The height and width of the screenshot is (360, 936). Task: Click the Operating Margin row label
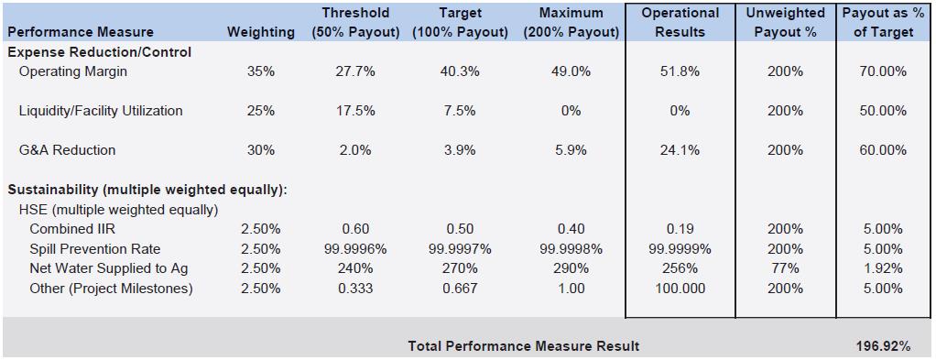(x=73, y=71)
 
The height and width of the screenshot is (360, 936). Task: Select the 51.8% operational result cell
(x=680, y=71)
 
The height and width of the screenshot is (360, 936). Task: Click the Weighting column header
(x=261, y=32)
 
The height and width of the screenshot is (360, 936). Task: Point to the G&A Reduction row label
(x=68, y=150)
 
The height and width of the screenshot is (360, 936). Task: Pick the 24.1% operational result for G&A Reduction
(x=680, y=150)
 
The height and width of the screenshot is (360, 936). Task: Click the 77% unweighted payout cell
(x=785, y=268)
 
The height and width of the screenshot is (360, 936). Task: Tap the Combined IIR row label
(x=70, y=229)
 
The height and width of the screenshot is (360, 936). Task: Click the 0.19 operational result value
(x=680, y=229)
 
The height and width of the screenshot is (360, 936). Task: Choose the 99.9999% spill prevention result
(x=680, y=248)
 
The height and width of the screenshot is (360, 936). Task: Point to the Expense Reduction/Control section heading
(x=100, y=52)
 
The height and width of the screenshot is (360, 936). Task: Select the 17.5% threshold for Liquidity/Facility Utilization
(x=355, y=111)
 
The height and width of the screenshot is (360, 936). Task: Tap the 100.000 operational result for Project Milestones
(x=680, y=289)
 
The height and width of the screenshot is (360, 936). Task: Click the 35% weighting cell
(x=261, y=71)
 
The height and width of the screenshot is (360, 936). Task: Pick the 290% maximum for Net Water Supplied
(x=571, y=268)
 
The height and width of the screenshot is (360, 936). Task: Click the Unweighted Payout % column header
(x=785, y=23)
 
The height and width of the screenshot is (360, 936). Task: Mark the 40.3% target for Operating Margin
(x=461, y=71)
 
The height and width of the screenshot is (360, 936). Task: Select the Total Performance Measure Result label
(x=524, y=346)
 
